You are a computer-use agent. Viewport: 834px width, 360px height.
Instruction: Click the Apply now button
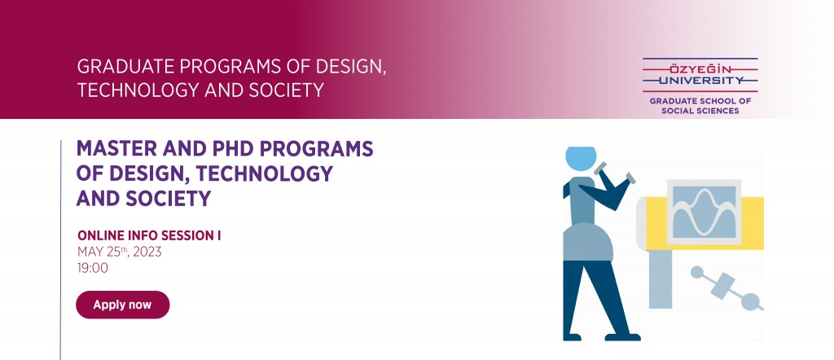(123, 305)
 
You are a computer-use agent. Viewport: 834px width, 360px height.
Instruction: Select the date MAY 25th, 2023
(119, 252)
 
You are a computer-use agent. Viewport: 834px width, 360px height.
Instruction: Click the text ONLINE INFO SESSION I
(149, 235)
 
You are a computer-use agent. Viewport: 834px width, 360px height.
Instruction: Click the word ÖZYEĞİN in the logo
(700, 69)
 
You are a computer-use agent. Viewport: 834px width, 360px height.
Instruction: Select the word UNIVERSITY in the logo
(700, 81)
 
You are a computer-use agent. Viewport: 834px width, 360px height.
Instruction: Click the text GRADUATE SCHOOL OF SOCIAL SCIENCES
(700, 106)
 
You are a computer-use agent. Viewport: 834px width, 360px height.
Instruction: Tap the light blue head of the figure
(580, 159)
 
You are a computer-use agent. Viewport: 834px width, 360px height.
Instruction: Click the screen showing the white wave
(704, 212)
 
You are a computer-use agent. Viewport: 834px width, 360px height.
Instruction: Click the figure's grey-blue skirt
(588, 243)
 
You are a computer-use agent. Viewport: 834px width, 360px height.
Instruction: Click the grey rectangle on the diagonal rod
(722, 286)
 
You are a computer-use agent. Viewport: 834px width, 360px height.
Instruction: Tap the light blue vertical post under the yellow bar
(660, 279)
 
